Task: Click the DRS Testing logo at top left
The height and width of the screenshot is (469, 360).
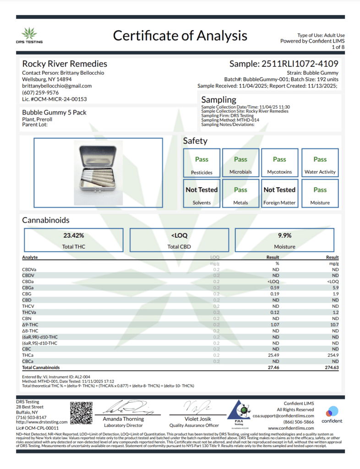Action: [x=32, y=35]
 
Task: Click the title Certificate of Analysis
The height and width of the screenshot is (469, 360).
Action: [x=180, y=36]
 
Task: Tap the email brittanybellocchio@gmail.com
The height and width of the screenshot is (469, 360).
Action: [x=57, y=86]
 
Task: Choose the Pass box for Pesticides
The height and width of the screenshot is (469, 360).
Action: [x=202, y=164]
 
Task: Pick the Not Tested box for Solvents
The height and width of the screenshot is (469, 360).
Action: [x=202, y=194]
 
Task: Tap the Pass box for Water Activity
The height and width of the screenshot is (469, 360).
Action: [x=320, y=164]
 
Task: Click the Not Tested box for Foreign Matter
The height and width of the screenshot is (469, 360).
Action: [x=279, y=194]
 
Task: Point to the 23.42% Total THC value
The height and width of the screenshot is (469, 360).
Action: [x=74, y=235]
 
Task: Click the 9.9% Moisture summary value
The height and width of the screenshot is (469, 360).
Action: [x=284, y=235]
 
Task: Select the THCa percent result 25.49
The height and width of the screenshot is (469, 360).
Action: [x=273, y=355]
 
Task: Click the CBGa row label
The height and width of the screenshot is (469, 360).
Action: [x=28, y=288]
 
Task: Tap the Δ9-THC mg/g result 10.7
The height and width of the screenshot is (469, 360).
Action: [x=333, y=324]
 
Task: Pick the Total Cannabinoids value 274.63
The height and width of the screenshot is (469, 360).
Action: [x=330, y=367]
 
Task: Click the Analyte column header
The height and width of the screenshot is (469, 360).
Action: [x=30, y=257]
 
